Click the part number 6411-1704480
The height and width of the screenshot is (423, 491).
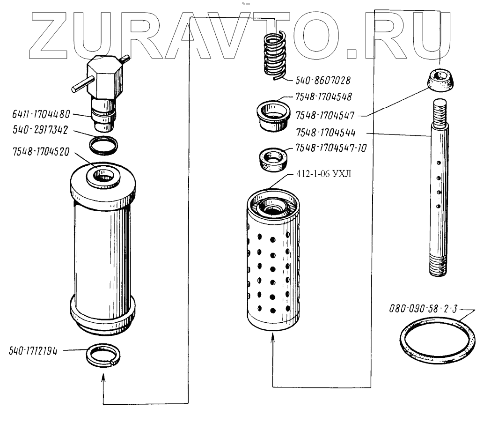point(41,114)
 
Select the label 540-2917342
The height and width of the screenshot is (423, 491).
point(40,130)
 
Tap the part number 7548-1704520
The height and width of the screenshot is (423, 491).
point(41,152)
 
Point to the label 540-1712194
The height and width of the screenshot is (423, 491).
point(33,351)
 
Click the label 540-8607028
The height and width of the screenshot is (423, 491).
point(323,81)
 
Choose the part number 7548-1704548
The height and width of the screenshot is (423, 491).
point(323,97)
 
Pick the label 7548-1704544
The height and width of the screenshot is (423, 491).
point(326,133)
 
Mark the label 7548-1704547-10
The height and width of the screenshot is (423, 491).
point(330,148)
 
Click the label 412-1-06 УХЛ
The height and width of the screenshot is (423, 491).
point(323,174)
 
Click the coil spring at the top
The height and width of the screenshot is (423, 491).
point(275,55)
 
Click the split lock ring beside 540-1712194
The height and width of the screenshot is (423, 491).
point(103,356)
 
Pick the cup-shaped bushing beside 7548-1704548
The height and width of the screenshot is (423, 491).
point(273,116)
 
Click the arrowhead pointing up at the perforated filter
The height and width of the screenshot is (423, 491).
point(273,338)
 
